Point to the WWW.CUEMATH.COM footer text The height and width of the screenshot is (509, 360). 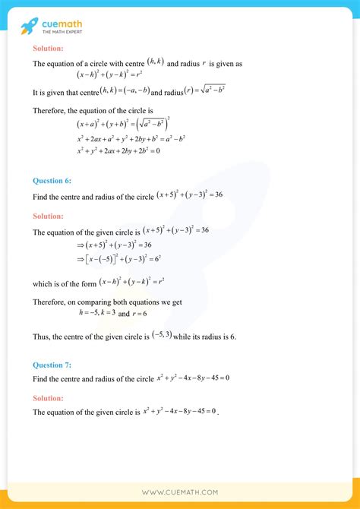click(x=180, y=492)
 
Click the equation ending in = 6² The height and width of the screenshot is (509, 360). click(x=115, y=260)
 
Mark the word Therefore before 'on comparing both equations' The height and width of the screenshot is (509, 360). click(x=50, y=301)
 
